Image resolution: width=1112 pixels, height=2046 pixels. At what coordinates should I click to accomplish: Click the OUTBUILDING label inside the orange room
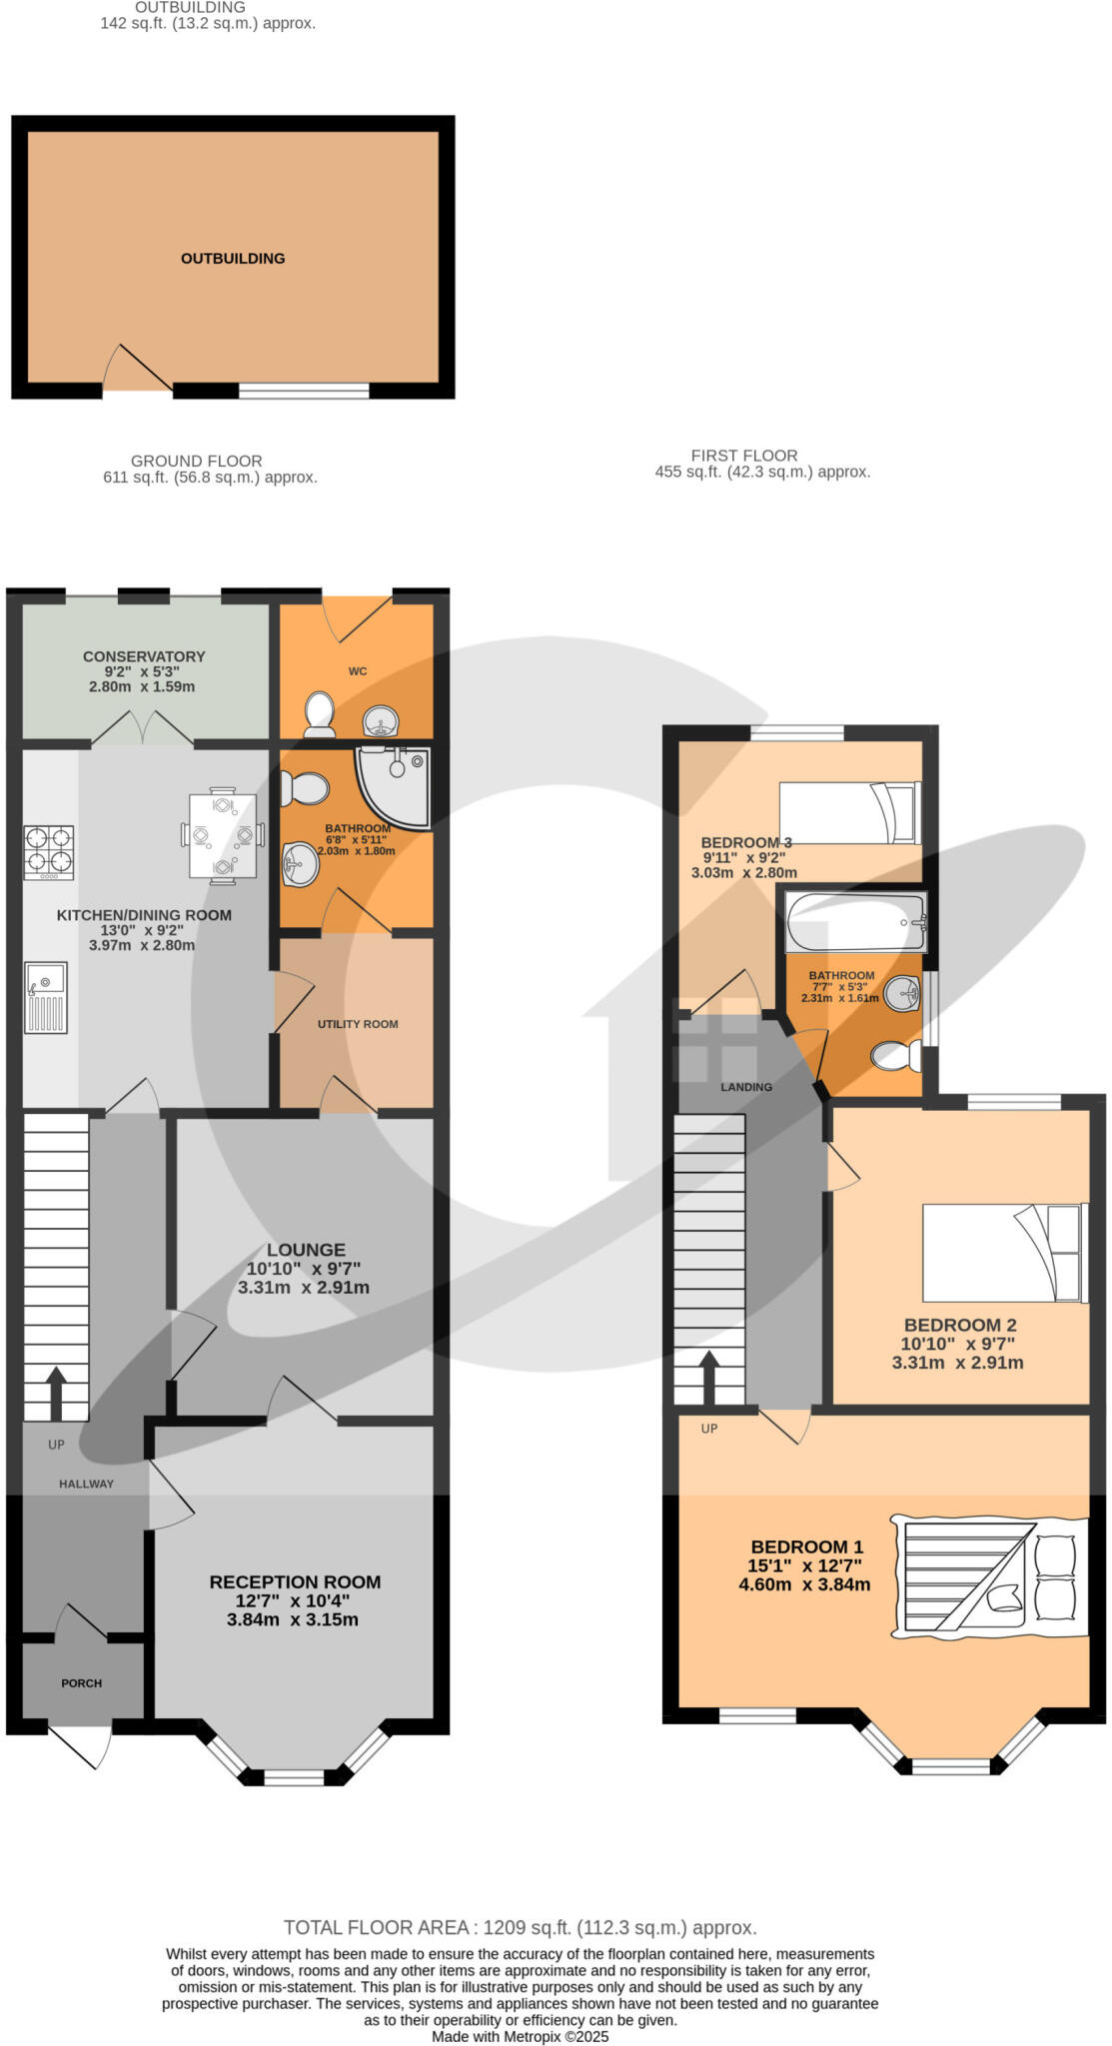[233, 259]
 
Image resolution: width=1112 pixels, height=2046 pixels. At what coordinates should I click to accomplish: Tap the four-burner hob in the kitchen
[49, 850]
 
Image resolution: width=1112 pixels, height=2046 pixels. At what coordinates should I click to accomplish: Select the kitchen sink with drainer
[46, 997]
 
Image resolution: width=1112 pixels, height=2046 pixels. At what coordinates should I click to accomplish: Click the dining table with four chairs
[223, 836]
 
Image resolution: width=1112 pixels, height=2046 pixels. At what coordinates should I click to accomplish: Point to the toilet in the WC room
[319, 714]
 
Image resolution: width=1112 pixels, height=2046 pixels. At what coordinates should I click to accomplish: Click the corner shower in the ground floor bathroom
[396, 786]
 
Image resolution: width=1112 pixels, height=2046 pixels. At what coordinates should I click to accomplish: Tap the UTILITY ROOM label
[358, 1024]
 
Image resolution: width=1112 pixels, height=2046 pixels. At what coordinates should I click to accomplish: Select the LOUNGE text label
[306, 1250]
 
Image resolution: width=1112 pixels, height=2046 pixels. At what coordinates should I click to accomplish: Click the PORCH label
[82, 1683]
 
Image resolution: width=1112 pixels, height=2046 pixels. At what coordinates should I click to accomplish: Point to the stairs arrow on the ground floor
[55, 1392]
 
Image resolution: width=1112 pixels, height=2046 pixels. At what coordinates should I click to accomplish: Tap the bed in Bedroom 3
[848, 813]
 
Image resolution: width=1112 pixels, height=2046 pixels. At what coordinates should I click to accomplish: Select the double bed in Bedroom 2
[1004, 1253]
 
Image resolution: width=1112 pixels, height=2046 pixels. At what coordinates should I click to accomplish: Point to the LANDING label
[746, 1087]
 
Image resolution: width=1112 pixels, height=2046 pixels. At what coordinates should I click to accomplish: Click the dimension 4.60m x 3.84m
[804, 1584]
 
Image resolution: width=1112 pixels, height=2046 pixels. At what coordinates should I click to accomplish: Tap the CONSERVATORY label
[144, 656]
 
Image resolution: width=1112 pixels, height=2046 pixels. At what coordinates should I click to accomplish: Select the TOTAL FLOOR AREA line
[520, 1928]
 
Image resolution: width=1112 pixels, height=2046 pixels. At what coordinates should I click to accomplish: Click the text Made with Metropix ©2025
[520, 2036]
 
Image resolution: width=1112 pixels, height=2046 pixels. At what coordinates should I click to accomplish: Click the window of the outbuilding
[304, 392]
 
